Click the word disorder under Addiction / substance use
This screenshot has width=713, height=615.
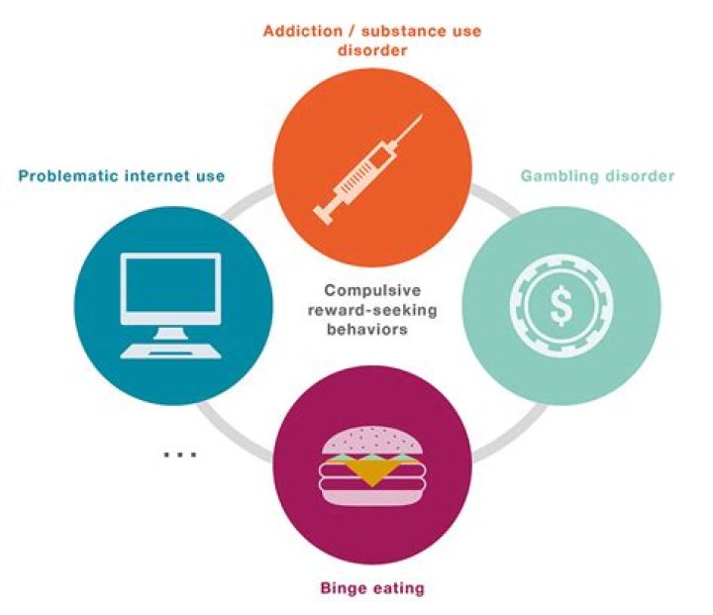click(x=372, y=51)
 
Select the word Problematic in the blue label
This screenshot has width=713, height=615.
click(x=68, y=176)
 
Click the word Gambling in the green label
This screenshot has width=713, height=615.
click(x=560, y=176)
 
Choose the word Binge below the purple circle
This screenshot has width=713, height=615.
click(x=342, y=588)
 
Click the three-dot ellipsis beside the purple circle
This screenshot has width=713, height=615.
click(x=180, y=454)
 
